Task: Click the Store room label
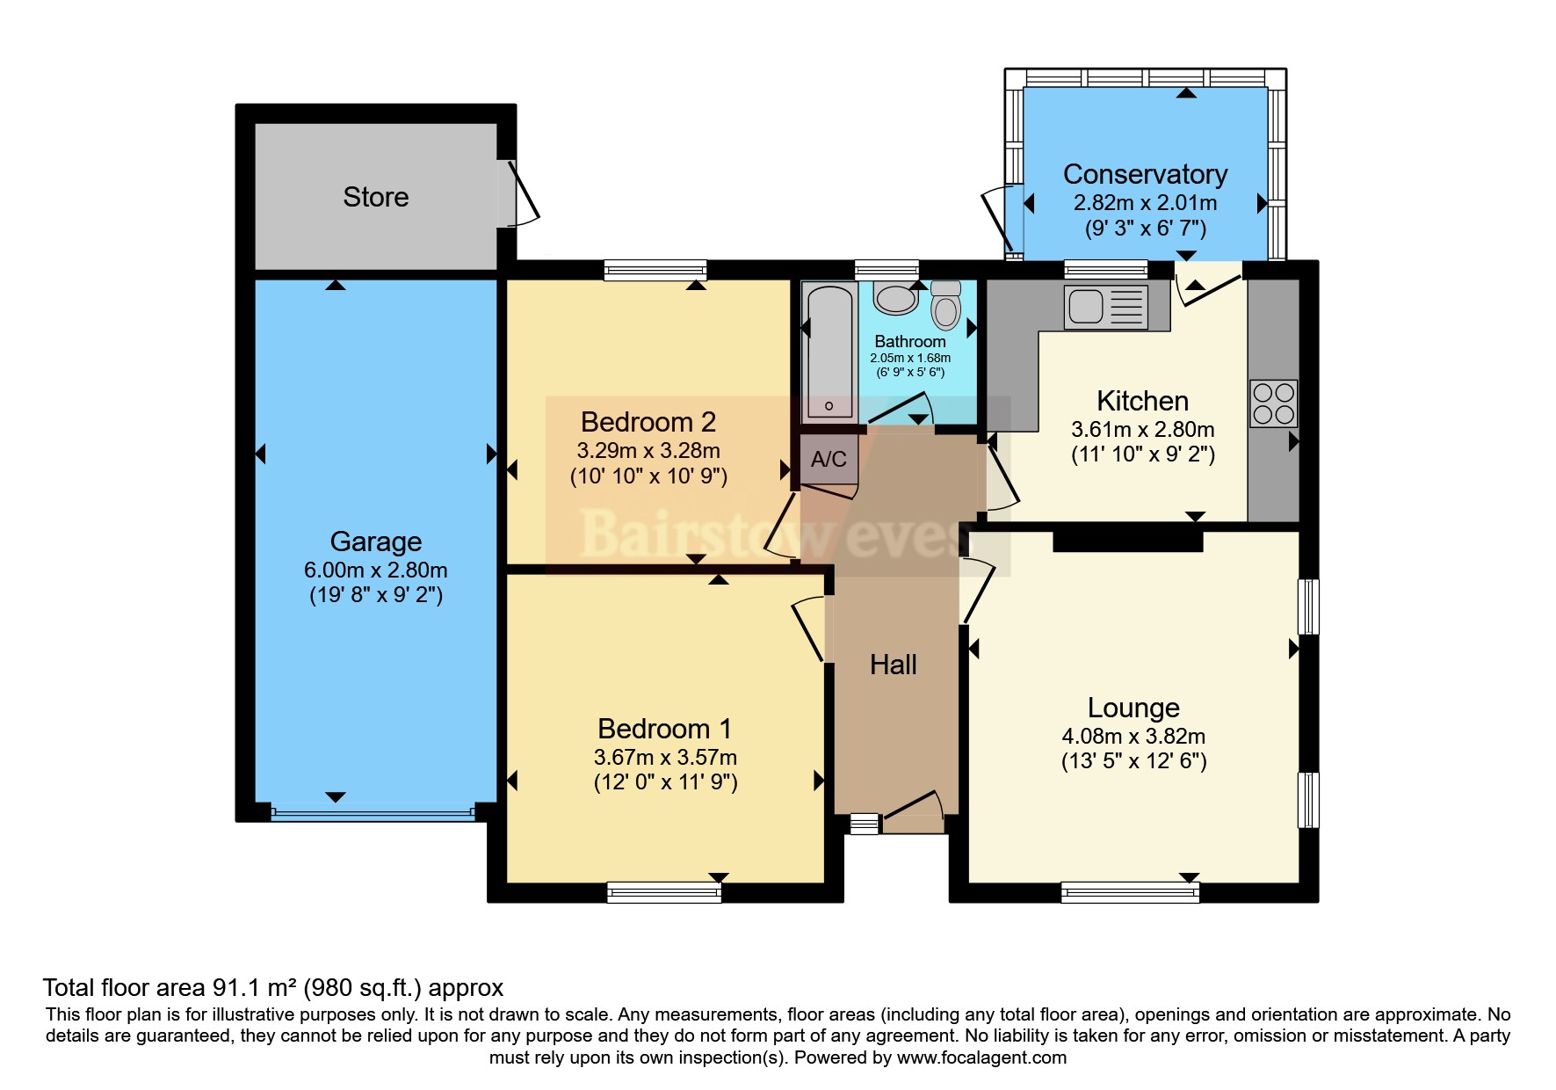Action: click(x=375, y=197)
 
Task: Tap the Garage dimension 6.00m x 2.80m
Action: click(x=375, y=570)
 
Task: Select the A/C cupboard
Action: click(x=829, y=459)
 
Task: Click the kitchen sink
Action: click(x=1104, y=307)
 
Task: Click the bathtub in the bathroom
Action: click(x=829, y=352)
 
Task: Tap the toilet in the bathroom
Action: click(x=945, y=307)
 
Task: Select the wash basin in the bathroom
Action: click(x=895, y=299)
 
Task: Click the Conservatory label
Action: click(x=1145, y=174)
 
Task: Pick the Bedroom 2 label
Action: click(x=648, y=422)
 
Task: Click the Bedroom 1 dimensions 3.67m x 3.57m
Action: click(x=665, y=757)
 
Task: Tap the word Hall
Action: click(x=893, y=665)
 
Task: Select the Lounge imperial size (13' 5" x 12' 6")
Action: click(x=1133, y=761)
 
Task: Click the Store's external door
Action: click(x=522, y=193)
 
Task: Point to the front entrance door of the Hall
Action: click(x=914, y=810)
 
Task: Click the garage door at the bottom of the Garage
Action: click(x=373, y=814)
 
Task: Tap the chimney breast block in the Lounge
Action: click(x=1127, y=538)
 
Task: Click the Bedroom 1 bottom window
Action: click(x=663, y=893)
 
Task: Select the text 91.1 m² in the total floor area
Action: click(x=255, y=988)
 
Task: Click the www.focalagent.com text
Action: click(x=981, y=1057)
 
